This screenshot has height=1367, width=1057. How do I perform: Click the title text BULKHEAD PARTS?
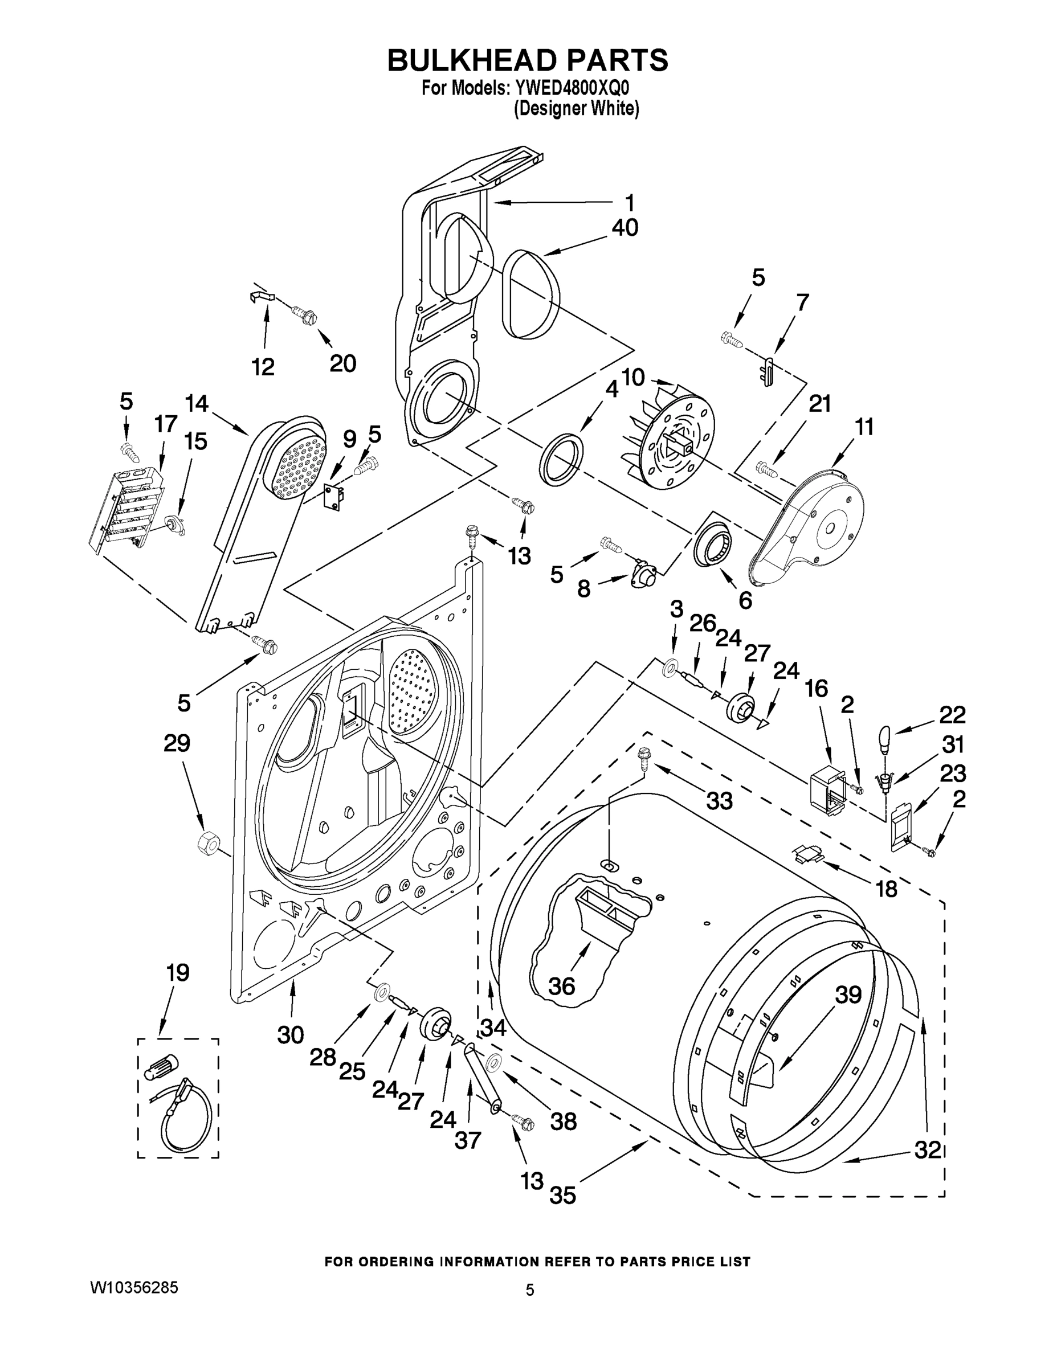pyautogui.click(x=527, y=61)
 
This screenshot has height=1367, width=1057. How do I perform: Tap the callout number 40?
pyautogui.click(x=625, y=228)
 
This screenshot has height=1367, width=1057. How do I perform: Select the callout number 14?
pyautogui.click(x=197, y=403)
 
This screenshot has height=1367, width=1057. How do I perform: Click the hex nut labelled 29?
pyautogui.click(x=207, y=844)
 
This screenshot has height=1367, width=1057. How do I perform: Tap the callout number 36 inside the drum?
pyautogui.click(x=561, y=987)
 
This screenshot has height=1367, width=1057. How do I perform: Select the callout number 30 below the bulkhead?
pyautogui.click(x=291, y=1036)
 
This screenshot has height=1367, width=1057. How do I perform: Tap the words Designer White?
pyautogui.click(x=576, y=109)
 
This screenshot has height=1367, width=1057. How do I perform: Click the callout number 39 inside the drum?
pyautogui.click(x=848, y=994)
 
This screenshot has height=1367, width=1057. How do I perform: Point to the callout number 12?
pyautogui.click(x=263, y=367)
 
